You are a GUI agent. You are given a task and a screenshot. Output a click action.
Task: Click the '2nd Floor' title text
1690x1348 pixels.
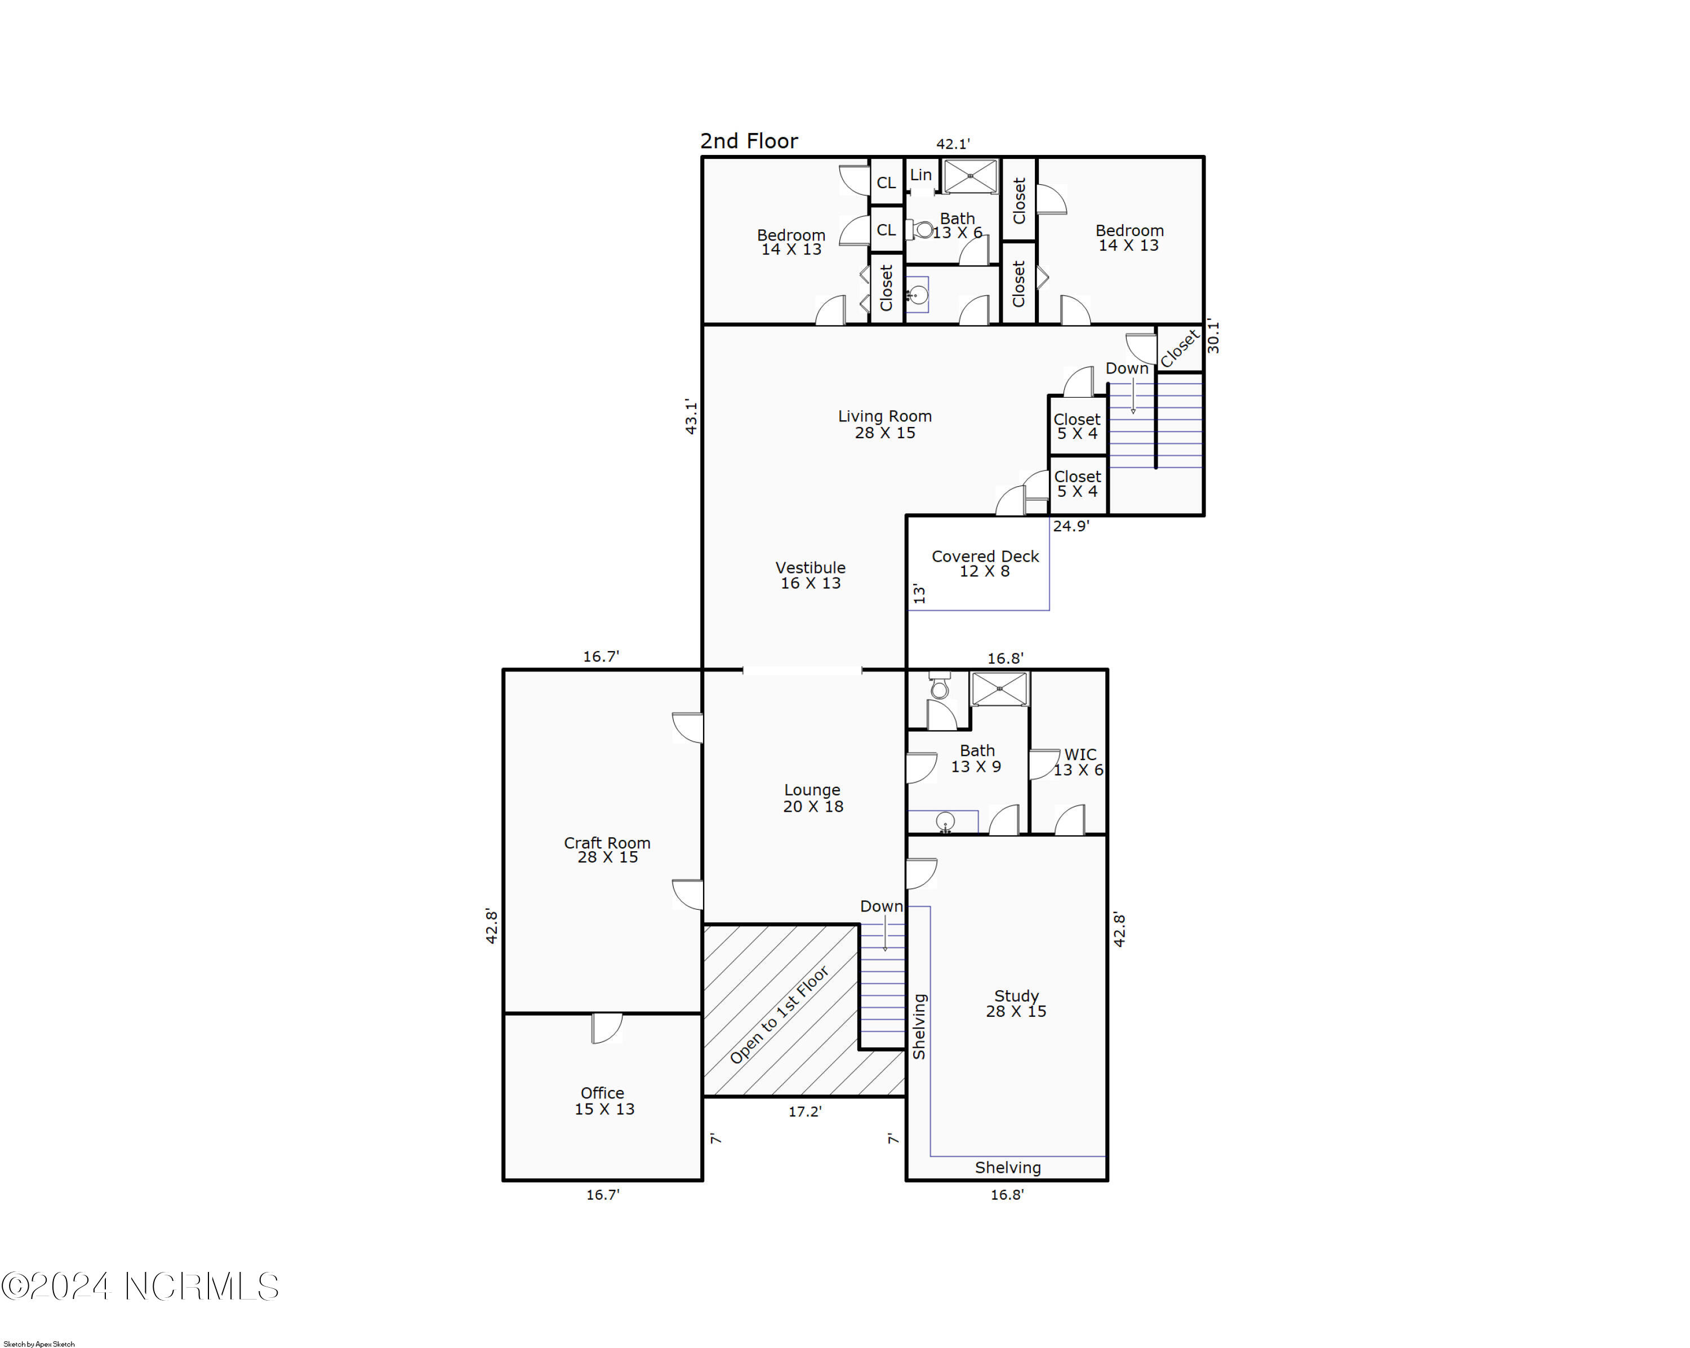[x=749, y=141]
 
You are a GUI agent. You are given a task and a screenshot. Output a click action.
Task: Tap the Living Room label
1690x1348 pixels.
[x=885, y=424]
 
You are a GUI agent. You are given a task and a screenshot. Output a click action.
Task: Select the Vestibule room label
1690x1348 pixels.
[x=811, y=575]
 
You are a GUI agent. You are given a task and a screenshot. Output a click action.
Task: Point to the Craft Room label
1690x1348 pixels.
[x=607, y=849]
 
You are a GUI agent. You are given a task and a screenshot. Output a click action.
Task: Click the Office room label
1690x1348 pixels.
[x=603, y=1100]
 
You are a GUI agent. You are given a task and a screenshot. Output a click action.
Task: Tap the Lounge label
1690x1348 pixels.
[x=813, y=798]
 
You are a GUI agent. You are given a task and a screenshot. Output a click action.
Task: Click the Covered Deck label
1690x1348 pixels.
[x=985, y=563]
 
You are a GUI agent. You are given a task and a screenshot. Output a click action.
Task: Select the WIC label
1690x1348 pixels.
[x=1079, y=762]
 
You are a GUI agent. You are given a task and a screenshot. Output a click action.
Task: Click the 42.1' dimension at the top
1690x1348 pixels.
[x=953, y=144]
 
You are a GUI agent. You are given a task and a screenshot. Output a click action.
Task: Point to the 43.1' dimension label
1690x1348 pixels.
[x=691, y=416]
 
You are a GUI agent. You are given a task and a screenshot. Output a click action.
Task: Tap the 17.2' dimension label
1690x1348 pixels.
[x=805, y=1111]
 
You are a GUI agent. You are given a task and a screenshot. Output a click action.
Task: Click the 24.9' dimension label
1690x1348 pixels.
[x=1071, y=526]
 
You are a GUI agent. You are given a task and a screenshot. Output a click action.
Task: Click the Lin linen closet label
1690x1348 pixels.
[x=921, y=175]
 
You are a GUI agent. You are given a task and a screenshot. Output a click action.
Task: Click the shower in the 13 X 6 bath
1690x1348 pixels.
[x=971, y=176]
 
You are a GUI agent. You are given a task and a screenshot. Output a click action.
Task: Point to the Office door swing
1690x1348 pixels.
[x=607, y=1028]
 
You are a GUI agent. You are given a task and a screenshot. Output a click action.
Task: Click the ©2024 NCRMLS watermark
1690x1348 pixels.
[x=140, y=1287]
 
